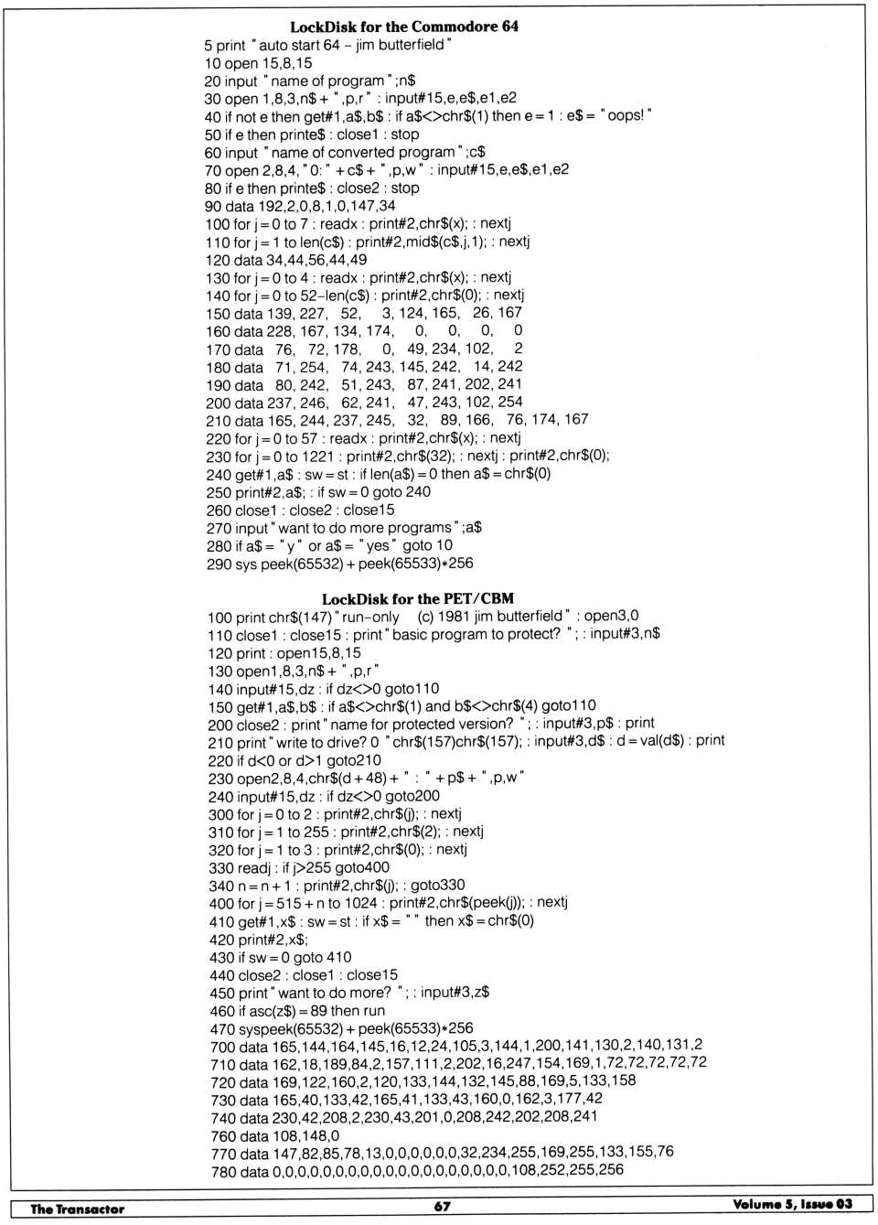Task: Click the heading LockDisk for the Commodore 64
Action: click(403, 27)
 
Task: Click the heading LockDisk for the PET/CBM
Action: click(418, 599)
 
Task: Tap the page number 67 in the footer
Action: click(443, 1206)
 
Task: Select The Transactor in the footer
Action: click(77, 1208)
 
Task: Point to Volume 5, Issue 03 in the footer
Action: click(792, 1204)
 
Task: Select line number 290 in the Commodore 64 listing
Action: click(218, 564)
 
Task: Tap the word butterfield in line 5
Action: click(407, 45)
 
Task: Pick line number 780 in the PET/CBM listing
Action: click(222, 1171)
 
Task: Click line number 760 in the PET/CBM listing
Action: click(222, 1135)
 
